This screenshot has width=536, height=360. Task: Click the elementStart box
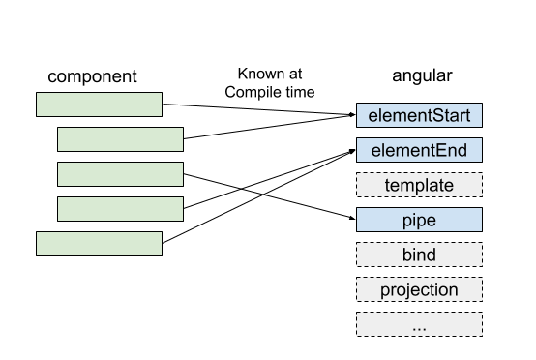419,116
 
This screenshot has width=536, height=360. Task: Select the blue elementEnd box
419,150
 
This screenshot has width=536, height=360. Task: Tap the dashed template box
419,185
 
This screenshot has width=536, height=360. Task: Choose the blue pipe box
419,220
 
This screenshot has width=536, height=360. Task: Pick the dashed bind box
419,255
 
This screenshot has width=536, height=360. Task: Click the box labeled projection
419,289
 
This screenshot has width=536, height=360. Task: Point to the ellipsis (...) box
419,324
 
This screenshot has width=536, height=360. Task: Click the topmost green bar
99,105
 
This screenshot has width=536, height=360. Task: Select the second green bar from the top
120,139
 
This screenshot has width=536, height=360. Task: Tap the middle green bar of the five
120,174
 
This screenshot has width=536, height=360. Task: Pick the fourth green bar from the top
120,209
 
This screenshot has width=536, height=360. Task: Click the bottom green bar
99,244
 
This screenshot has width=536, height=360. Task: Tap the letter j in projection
409,290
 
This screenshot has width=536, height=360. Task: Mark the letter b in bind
406,255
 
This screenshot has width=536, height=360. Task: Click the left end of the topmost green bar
41,105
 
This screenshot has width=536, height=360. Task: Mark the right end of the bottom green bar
158,244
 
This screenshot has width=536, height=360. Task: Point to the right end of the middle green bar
179,174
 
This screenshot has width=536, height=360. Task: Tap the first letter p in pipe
406,221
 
